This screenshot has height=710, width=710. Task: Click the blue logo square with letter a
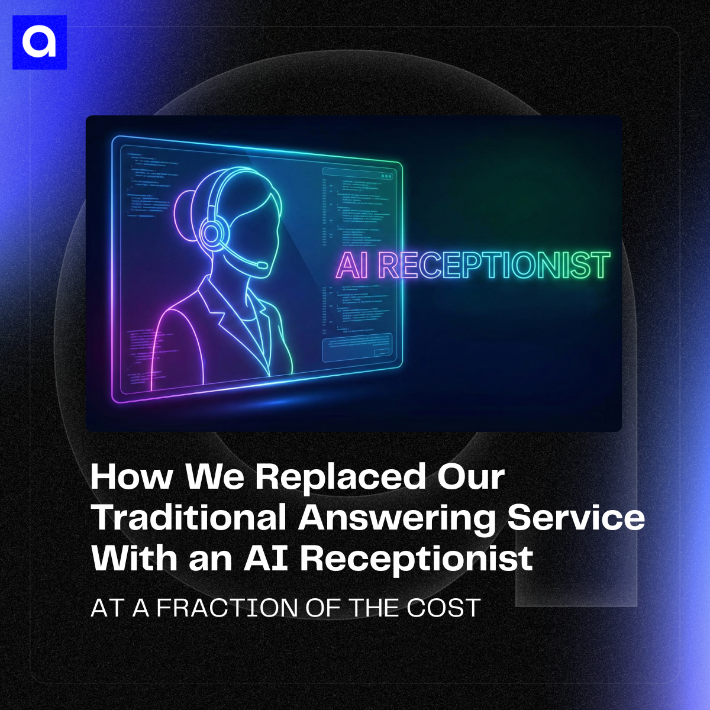[x=39, y=42]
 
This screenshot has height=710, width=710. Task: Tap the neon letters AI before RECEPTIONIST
[x=351, y=266]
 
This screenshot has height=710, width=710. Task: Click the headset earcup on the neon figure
[x=211, y=233]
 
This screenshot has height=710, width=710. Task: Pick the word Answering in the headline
[x=397, y=518]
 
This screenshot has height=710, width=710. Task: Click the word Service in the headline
[x=576, y=517]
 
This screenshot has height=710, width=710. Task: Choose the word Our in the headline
[x=470, y=477]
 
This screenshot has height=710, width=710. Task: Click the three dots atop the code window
[x=387, y=176]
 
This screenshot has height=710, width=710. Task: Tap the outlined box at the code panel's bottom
[x=357, y=347]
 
